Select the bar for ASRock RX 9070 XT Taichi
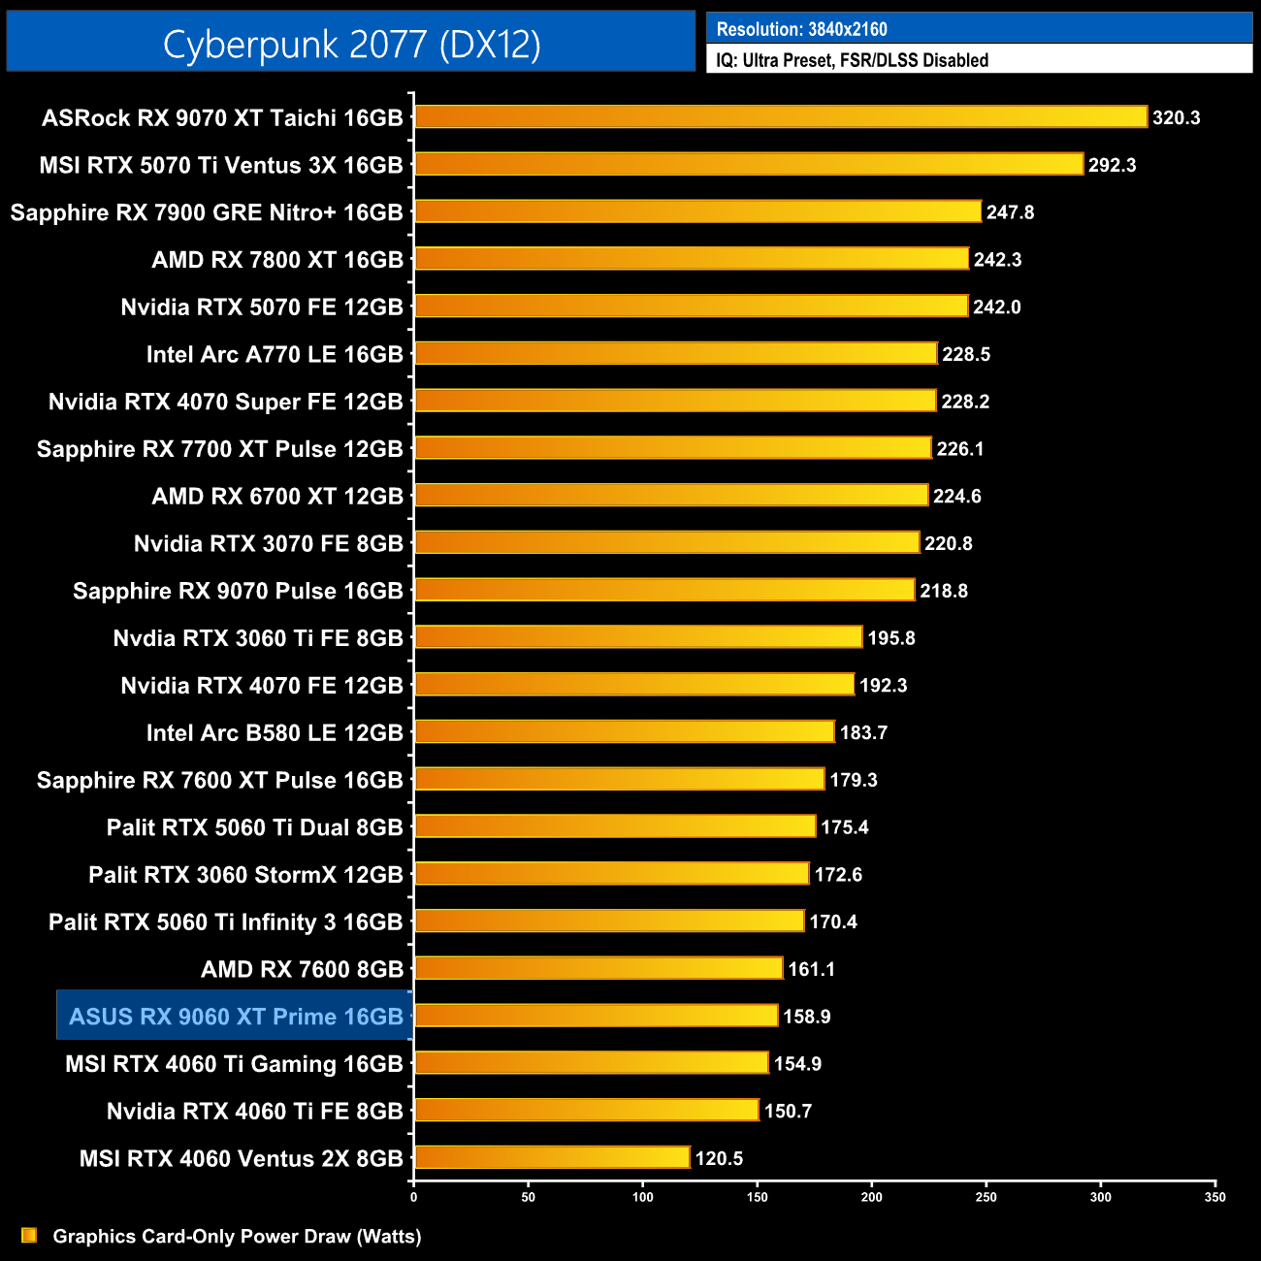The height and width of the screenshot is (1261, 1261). point(781,117)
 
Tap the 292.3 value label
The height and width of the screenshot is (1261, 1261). point(1112,165)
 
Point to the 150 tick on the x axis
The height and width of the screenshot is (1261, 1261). point(757,1197)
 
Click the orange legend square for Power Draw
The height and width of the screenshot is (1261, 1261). point(29,1235)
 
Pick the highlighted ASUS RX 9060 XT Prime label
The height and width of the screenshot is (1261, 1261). point(236,1017)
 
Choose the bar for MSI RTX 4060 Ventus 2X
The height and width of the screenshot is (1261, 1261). point(552,1157)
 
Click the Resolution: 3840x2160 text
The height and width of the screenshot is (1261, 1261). point(801,29)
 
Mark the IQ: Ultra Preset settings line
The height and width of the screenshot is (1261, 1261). point(852,60)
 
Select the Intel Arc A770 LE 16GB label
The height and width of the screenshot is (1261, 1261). point(275,354)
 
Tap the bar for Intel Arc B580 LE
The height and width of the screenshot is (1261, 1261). point(625,731)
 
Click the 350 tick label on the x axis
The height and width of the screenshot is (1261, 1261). point(1214,1197)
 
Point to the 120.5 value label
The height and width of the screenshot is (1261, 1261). point(719,1158)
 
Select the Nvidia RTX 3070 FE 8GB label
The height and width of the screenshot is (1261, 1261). point(268,543)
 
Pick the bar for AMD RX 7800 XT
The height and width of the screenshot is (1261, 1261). point(692,259)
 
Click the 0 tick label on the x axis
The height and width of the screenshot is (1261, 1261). point(414,1197)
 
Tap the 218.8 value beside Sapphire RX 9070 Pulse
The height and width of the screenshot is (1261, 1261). point(944,591)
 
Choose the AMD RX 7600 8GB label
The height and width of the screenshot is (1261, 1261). point(302,969)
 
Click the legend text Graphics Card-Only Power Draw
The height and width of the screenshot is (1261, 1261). point(237,1236)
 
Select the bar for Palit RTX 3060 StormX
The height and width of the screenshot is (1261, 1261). point(612,873)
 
